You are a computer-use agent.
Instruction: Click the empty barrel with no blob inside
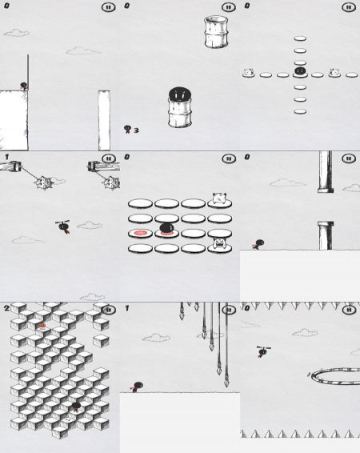216,32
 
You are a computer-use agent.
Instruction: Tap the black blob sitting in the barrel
179,94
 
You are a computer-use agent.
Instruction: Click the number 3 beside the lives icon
136,130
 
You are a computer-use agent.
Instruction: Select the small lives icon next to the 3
127,129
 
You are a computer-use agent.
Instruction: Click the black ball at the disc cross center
300,70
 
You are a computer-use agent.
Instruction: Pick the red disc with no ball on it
140,233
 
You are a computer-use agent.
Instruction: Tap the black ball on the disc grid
167,227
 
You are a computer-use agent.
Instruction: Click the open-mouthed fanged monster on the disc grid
219,243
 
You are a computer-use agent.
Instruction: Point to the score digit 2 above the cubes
6,308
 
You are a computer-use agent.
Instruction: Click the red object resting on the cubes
42,326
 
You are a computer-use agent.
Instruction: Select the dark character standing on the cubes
76,407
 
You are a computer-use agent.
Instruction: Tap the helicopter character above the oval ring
263,351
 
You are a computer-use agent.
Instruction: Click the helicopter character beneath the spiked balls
63,226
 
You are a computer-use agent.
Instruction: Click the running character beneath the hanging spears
137,387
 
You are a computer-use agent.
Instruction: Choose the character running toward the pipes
258,244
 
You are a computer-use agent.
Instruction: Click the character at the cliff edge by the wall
24,86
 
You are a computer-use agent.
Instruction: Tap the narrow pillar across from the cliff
104,120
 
